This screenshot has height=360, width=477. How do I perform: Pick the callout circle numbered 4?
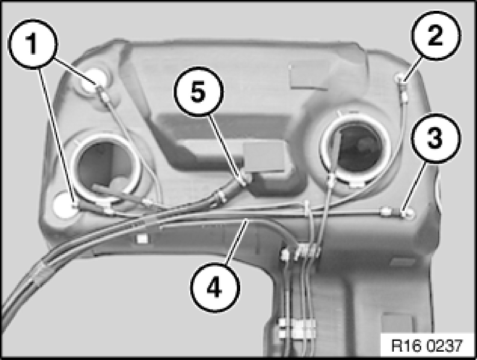[x=215, y=287]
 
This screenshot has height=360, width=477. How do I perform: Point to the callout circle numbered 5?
[x=199, y=92]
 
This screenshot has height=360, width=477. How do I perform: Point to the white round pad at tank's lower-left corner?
[x=64, y=206]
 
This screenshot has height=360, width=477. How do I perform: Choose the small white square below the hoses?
[x=142, y=239]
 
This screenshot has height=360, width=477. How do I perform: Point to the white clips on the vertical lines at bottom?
[x=296, y=328]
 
